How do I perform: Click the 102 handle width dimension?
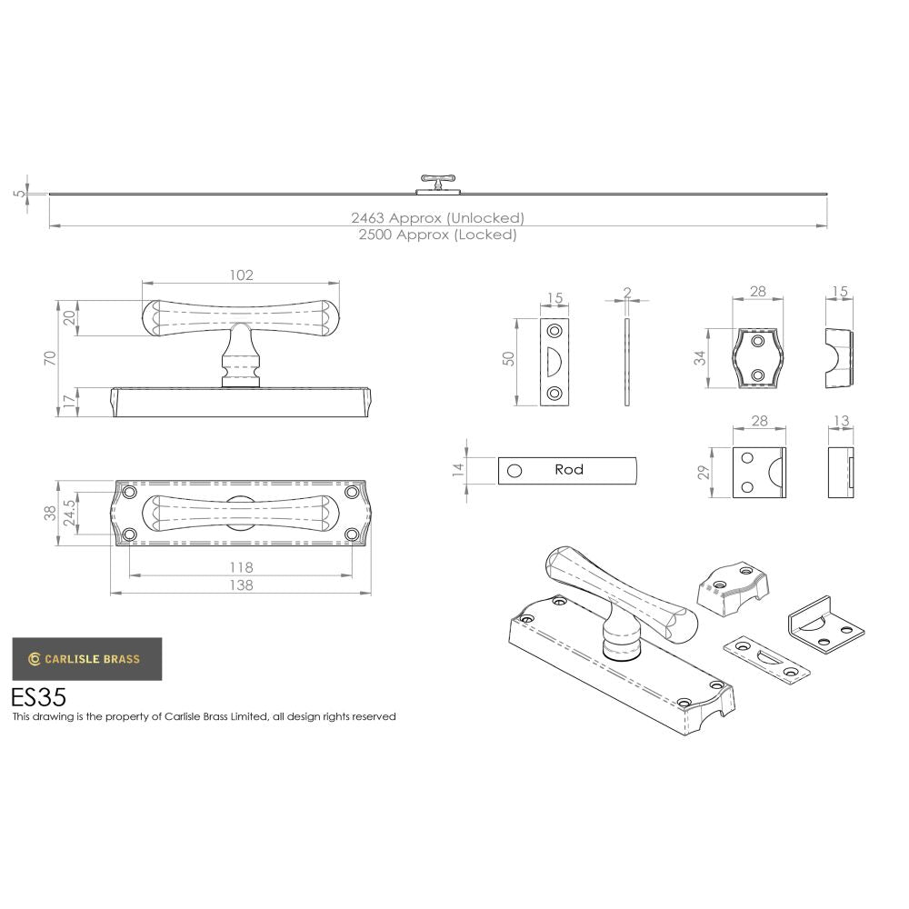click(241, 275)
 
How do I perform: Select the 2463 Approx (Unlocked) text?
click(438, 218)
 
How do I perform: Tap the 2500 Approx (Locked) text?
click(438, 235)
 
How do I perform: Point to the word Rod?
click(569, 470)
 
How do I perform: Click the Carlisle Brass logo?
click(87, 659)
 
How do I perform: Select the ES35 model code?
click(38, 697)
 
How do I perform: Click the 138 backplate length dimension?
click(241, 585)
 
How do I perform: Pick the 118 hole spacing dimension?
click(241, 567)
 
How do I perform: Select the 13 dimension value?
click(840, 421)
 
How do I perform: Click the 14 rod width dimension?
click(459, 470)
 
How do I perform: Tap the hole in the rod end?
click(514, 471)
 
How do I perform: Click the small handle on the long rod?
click(438, 183)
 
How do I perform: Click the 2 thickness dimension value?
click(626, 293)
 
